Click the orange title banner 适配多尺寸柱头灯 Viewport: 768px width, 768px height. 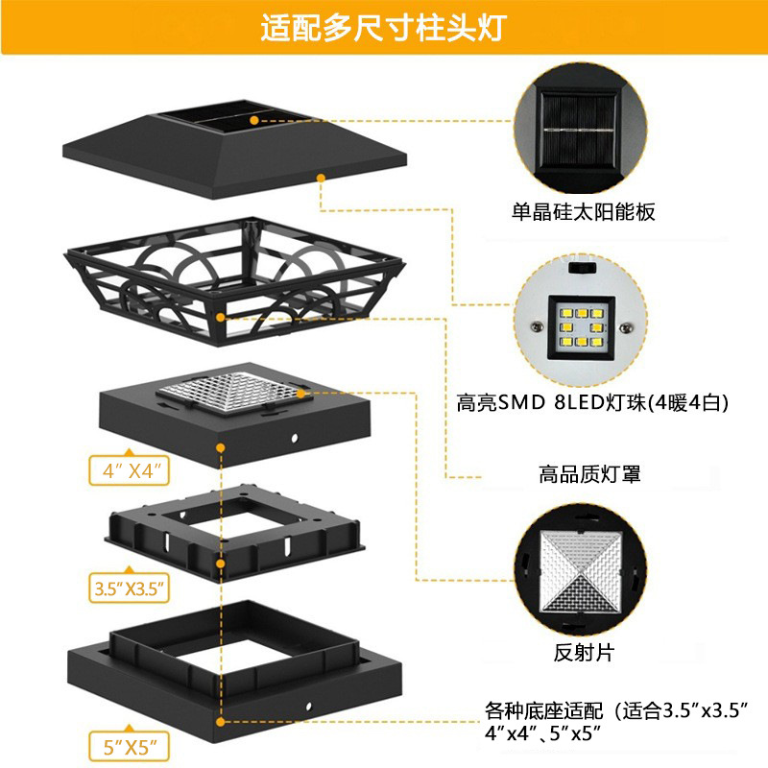pyautogui.click(x=384, y=28)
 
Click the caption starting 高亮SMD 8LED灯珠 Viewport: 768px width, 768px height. pyautogui.click(x=592, y=403)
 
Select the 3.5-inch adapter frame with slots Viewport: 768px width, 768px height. pyautogui.click(x=230, y=538)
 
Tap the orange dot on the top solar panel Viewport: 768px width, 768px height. pyautogui.click(x=254, y=120)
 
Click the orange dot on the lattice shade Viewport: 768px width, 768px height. pyautogui.click(x=223, y=315)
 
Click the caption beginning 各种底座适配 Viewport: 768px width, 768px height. pyautogui.click(x=614, y=722)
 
